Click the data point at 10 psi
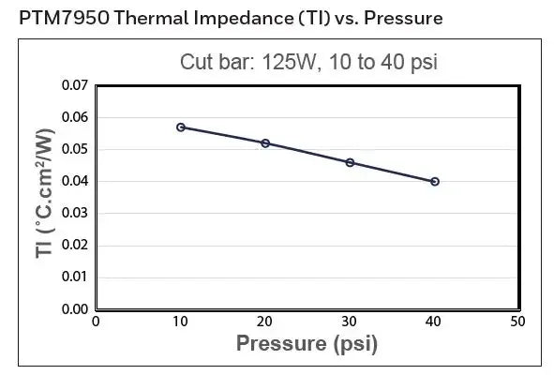180,127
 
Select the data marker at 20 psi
265,143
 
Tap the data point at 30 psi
350,162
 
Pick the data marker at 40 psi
435,181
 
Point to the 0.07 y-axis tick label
74,86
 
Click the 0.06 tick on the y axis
74,118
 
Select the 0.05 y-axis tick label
74,150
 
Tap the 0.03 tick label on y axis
74,214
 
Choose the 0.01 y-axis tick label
74,277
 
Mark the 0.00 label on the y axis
74,308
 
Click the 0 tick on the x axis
96,322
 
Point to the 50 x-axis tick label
518,322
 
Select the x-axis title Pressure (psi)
307,343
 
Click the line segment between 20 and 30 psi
307,153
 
